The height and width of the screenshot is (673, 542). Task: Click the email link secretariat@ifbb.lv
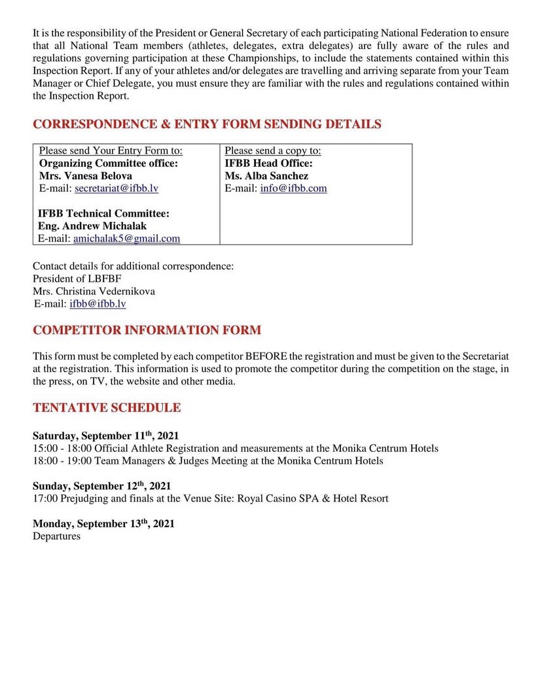click(117, 188)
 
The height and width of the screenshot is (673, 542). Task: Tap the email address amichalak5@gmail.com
click(126, 239)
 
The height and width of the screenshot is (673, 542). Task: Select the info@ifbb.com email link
click(293, 188)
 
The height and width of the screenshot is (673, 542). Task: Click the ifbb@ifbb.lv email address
click(98, 304)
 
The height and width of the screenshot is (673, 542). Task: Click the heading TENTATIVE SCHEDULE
click(107, 408)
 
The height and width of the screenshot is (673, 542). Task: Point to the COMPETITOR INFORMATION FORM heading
click(147, 330)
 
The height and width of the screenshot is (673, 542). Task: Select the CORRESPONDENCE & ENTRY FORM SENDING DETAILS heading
click(207, 124)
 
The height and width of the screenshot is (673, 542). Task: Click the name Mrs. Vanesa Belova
click(86, 176)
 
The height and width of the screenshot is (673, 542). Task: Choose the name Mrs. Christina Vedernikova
click(94, 292)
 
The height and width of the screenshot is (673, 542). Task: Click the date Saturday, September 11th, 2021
click(105, 436)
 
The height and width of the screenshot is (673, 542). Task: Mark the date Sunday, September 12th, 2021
click(101, 486)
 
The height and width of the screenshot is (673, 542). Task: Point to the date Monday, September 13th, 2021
click(103, 524)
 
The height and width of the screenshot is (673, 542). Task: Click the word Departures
click(56, 536)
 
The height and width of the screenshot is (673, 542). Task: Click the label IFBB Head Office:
click(268, 164)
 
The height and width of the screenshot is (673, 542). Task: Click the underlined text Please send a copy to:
click(273, 151)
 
